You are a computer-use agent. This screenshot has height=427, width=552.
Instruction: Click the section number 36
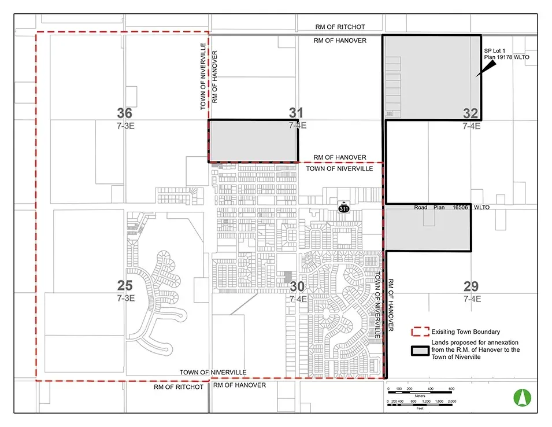point(125,113)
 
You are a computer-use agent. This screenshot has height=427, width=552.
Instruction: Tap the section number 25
point(125,285)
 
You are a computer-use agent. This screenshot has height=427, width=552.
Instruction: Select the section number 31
point(296,113)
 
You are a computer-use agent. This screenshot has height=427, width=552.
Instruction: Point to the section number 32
point(471,113)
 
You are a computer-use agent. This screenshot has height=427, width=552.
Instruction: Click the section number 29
point(471,286)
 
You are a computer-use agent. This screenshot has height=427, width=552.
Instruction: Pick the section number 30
point(297,286)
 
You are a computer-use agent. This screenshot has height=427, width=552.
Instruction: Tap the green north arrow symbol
point(523,397)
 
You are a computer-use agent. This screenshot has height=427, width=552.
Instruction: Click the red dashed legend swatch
point(420,332)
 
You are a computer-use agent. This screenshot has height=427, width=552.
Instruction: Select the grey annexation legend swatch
point(420,351)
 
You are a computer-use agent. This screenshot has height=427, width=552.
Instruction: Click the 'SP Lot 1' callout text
point(494,51)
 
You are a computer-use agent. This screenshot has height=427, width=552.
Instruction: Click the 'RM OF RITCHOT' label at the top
point(340,27)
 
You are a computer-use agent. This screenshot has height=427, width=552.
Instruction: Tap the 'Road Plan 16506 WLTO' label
point(451,208)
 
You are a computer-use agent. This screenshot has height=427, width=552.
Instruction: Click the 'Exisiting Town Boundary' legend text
point(466,332)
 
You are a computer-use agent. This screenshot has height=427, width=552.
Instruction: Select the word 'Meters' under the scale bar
point(420,396)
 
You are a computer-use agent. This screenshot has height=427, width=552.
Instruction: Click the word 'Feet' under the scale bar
point(420,408)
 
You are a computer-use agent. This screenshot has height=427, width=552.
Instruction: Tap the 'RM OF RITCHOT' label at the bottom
point(179,387)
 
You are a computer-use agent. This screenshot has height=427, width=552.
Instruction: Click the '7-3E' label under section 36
point(125,126)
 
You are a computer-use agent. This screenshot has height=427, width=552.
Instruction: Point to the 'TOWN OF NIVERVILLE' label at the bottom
point(213,373)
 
